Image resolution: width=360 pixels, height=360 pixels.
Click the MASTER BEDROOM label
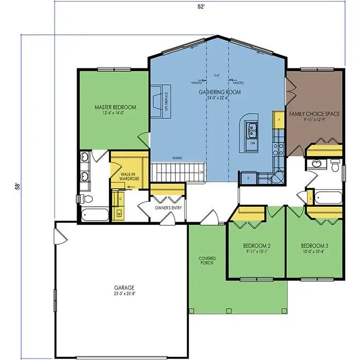point(115,107)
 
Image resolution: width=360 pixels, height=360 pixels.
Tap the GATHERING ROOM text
point(220,92)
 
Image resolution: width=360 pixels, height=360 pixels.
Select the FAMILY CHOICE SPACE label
point(314,114)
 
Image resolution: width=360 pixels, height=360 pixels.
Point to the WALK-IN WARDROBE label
point(128,177)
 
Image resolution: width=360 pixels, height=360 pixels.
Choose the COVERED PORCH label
point(207,260)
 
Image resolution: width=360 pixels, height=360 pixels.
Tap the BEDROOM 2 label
point(255,246)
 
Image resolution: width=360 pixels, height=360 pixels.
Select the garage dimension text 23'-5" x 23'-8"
point(124,294)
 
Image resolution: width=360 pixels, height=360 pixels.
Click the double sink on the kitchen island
point(252,127)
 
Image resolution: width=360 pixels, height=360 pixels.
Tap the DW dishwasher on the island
point(252,142)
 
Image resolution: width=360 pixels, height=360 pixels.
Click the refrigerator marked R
point(248,177)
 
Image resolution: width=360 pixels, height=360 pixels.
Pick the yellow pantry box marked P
point(279,118)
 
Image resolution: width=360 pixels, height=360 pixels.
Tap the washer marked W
point(119,212)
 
